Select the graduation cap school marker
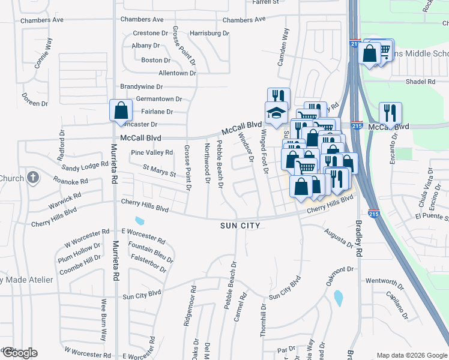[277, 113]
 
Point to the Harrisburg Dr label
[209, 33]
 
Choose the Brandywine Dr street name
[146, 86]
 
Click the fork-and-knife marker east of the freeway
[390, 112]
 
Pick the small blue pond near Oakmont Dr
[338, 298]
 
